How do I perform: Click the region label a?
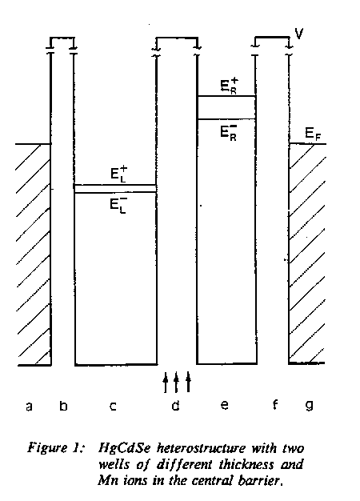(29, 407)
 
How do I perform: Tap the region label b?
(63, 405)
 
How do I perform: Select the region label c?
(113, 407)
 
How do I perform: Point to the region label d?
(175, 405)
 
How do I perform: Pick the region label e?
(225, 406)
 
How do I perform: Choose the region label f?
(274, 404)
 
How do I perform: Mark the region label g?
(309, 406)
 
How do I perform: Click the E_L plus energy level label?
(119, 174)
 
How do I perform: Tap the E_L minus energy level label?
(119, 204)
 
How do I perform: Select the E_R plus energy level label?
(230, 86)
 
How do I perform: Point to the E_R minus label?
(229, 132)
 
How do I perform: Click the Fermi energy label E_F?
(313, 134)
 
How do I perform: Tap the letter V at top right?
(298, 34)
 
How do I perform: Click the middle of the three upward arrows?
(176, 382)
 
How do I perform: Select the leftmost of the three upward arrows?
(165, 382)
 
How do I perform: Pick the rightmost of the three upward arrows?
(188, 382)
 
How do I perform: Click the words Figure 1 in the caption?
(55, 448)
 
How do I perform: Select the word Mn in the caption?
(106, 480)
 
